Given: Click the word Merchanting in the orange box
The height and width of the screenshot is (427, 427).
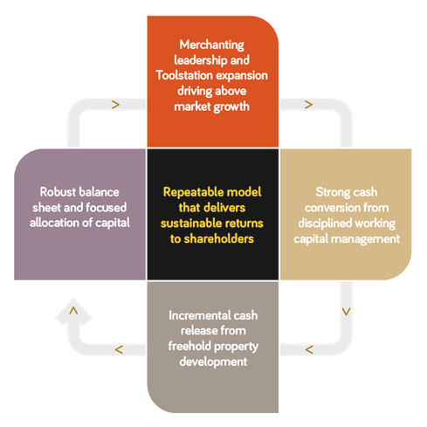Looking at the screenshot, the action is pyautogui.click(x=211, y=45).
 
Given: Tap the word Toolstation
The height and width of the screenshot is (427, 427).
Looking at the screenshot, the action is pyautogui.click(x=184, y=75).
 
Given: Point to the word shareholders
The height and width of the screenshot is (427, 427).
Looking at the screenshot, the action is pyautogui.click(x=218, y=238).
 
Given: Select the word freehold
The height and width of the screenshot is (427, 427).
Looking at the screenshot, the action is pyautogui.click(x=189, y=346).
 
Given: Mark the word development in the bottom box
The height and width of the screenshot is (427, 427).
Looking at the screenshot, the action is pyautogui.click(x=213, y=362).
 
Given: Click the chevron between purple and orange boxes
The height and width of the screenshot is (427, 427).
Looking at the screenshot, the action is pyautogui.click(x=115, y=105).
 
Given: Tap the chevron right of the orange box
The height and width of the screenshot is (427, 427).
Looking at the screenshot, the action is pyautogui.click(x=308, y=105).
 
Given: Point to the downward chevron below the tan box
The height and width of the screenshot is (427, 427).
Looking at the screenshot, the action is pyautogui.click(x=346, y=312).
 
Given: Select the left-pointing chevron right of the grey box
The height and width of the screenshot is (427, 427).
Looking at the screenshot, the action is pyautogui.click(x=309, y=349).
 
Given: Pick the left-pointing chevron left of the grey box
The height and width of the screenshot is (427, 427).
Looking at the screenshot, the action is pyautogui.click(x=119, y=349).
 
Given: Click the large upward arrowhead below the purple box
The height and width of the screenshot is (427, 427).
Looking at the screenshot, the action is pyautogui.click(x=73, y=312).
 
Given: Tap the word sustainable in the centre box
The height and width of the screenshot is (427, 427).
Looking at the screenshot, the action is pyautogui.click(x=191, y=224).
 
